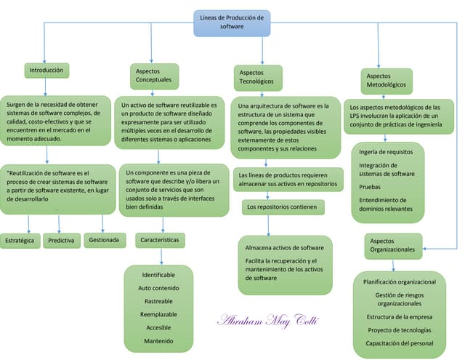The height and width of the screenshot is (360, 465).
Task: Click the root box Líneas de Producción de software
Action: coord(232,22)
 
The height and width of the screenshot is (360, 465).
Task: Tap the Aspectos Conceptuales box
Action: coord(153,74)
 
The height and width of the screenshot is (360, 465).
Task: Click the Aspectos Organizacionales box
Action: coord(392,245)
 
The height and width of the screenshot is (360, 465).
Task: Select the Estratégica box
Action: coord(20,240)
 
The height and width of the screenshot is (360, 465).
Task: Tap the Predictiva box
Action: coord(61,240)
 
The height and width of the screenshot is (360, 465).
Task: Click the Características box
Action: coord(159,239)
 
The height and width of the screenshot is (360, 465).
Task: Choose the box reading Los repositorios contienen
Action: coord(282,207)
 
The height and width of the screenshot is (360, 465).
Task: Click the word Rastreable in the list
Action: coord(158,301)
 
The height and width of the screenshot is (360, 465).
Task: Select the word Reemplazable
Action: coord(158,314)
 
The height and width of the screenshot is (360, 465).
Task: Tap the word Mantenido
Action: coord(158,340)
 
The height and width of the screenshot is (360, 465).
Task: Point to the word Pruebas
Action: coord(370,186)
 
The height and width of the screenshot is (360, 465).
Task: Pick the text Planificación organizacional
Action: coord(399,281)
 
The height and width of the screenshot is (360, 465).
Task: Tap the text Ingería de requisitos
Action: coord(386,152)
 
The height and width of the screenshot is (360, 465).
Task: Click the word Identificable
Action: coord(158,275)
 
